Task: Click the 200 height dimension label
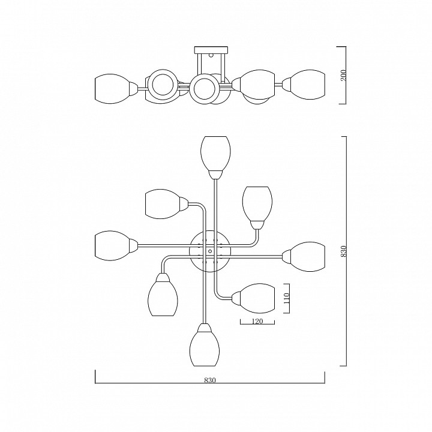[x=343, y=75]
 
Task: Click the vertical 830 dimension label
[x=343, y=251]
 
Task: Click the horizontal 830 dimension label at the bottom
[x=210, y=380]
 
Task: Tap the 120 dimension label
[x=257, y=321]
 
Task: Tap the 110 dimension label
[x=287, y=298]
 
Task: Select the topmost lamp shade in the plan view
[x=216, y=154]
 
